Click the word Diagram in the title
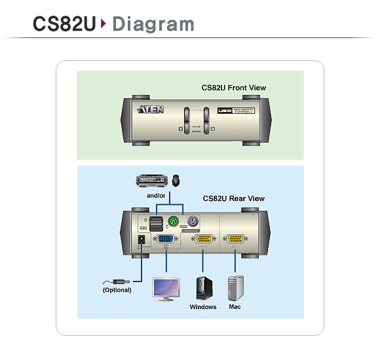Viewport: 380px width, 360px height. coord(153,24)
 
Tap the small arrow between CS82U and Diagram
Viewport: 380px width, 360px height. coord(104,24)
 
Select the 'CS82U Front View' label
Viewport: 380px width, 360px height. coord(233,88)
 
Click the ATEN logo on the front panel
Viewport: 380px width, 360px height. coord(148,110)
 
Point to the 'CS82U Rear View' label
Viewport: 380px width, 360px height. coord(233,198)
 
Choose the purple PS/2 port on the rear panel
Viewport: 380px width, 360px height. coord(193,222)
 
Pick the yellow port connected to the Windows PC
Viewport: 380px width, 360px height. coord(203,240)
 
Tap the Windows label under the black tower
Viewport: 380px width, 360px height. coord(203,306)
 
